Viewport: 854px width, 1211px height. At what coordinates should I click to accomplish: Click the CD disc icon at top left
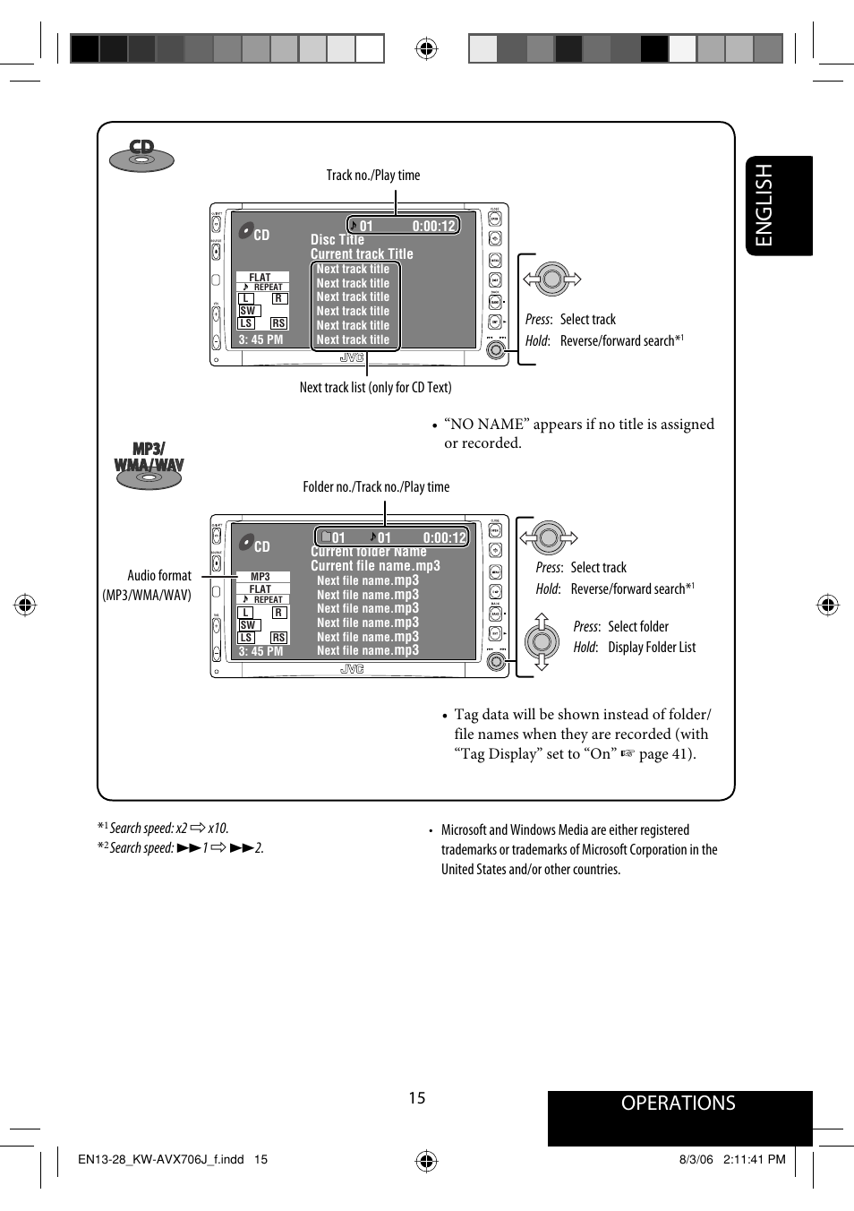[141, 156]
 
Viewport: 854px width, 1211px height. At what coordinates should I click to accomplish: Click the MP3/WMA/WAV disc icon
[149, 465]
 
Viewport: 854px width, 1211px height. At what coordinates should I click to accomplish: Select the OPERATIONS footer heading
[678, 1104]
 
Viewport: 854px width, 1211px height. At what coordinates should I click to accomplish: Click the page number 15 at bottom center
[417, 1098]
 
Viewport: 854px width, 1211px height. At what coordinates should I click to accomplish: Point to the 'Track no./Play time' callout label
[372, 176]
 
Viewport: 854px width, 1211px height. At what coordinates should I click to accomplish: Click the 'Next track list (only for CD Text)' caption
[375, 388]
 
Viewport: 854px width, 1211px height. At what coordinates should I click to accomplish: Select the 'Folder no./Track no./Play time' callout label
[376, 487]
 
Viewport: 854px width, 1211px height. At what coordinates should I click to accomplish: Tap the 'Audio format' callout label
[158, 576]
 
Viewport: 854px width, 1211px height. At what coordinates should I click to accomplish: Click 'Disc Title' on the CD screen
[337, 240]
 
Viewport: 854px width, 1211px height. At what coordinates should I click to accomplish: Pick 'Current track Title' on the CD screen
[362, 254]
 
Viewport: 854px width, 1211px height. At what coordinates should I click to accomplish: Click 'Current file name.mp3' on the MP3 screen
[375, 566]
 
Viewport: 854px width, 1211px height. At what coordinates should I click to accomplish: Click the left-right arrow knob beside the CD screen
[551, 280]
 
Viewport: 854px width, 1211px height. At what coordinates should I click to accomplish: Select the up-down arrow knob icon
[542, 641]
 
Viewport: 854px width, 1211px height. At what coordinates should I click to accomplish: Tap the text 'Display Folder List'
[652, 648]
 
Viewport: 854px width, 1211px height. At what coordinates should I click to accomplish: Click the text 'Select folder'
[637, 627]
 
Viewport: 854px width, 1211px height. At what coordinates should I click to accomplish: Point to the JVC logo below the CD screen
[352, 358]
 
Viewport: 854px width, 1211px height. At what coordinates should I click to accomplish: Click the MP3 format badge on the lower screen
[260, 577]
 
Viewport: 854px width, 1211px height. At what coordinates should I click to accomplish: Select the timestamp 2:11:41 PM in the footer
[754, 1159]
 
